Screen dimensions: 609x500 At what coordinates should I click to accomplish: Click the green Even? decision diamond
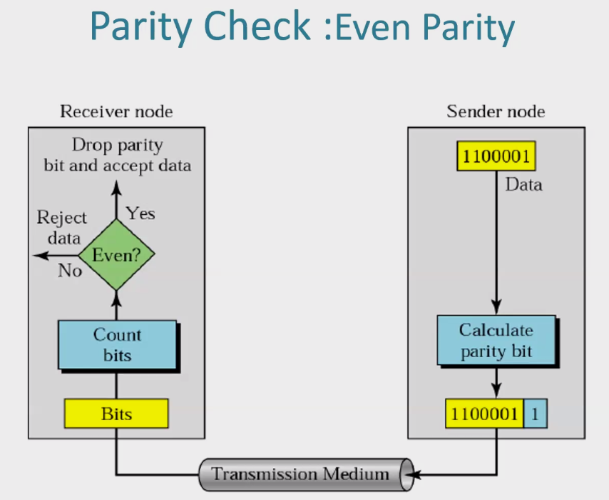[116, 255]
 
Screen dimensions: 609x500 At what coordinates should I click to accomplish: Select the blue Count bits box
[117, 345]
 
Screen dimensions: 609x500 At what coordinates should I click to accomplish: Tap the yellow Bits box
[116, 414]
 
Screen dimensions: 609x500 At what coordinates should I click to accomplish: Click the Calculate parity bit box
[496, 340]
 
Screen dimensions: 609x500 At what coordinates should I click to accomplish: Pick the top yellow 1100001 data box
[496, 156]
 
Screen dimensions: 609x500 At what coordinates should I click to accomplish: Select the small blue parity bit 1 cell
[536, 414]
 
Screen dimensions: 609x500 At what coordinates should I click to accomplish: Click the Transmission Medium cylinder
[306, 474]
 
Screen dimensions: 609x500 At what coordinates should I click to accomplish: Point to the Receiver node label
[116, 111]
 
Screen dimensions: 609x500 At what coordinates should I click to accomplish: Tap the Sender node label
[496, 111]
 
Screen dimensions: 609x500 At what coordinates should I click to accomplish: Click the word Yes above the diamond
[140, 214]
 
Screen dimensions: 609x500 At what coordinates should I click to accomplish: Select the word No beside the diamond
[70, 271]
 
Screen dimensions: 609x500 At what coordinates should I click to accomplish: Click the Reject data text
[62, 227]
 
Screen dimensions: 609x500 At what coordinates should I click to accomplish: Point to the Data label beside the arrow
[523, 184]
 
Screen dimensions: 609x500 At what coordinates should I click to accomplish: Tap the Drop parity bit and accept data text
[117, 155]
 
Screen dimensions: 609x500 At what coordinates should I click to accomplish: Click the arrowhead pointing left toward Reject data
[41, 256]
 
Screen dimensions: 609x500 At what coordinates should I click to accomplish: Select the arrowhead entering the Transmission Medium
[412, 475]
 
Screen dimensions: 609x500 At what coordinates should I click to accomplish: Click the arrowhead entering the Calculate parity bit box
[496, 306]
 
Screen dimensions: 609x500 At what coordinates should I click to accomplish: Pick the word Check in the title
[257, 26]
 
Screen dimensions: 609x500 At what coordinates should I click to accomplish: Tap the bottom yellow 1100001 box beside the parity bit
[484, 414]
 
